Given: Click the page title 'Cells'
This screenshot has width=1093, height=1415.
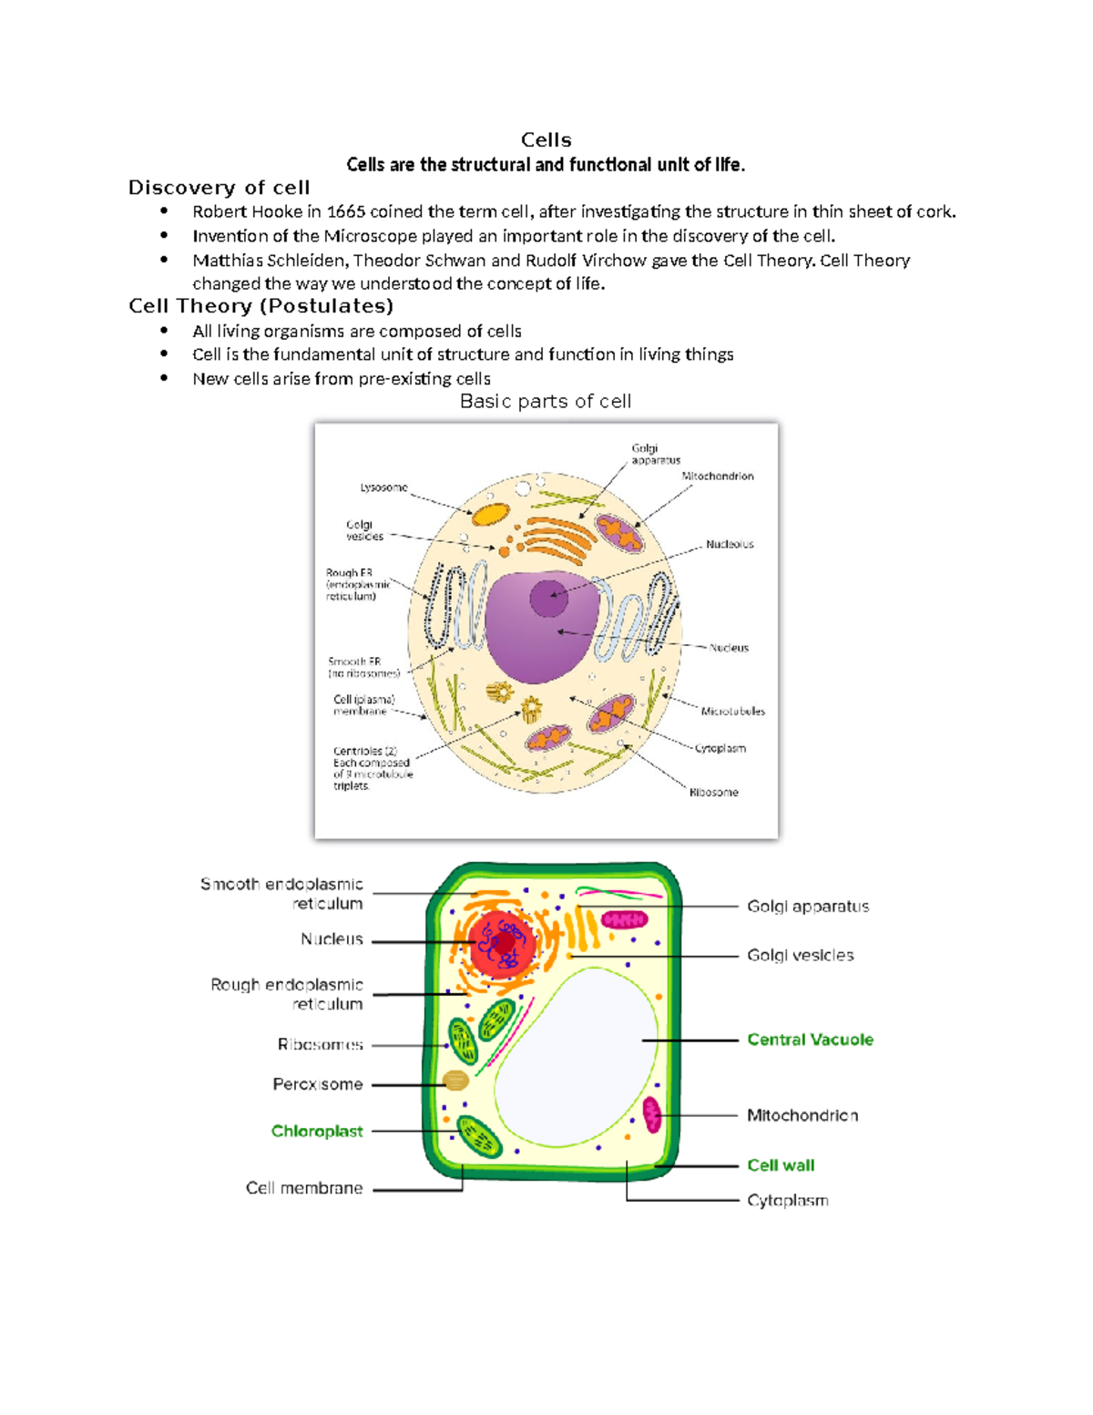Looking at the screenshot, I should (x=546, y=139).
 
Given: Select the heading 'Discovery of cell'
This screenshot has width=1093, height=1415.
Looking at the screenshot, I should (x=219, y=188).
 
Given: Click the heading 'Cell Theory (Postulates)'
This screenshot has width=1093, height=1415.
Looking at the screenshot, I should (x=260, y=306).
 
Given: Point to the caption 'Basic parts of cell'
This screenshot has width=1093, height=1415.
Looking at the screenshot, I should (x=545, y=402).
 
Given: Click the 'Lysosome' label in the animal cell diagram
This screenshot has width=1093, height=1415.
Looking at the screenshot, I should (x=383, y=487).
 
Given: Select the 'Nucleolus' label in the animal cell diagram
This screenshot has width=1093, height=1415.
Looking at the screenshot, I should (x=730, y=544).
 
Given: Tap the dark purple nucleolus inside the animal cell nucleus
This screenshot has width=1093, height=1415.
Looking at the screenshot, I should (x=548, y=599).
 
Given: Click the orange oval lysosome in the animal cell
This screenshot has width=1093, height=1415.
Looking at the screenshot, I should (x=490, y=514).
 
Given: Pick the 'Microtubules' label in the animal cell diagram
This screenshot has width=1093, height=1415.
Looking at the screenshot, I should (x=732, y=711).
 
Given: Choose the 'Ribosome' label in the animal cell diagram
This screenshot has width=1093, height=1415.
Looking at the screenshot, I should (x=713, y=792).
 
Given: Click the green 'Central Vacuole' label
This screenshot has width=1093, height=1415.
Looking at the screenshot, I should (x=810, y=1040).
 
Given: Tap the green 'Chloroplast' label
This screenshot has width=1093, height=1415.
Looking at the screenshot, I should (x=317, y=1131).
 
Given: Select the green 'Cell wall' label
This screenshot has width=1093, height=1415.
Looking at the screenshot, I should (x=781, y=1165).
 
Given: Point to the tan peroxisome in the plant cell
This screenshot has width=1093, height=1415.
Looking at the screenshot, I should (x=455, y=1081).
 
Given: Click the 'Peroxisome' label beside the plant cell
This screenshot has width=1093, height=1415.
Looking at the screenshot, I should (x=318, y=1084).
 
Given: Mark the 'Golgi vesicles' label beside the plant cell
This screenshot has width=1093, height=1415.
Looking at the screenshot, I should (x=800, y=955).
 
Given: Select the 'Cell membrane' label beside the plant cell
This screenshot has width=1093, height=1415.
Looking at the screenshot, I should (x=304, y=1188).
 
